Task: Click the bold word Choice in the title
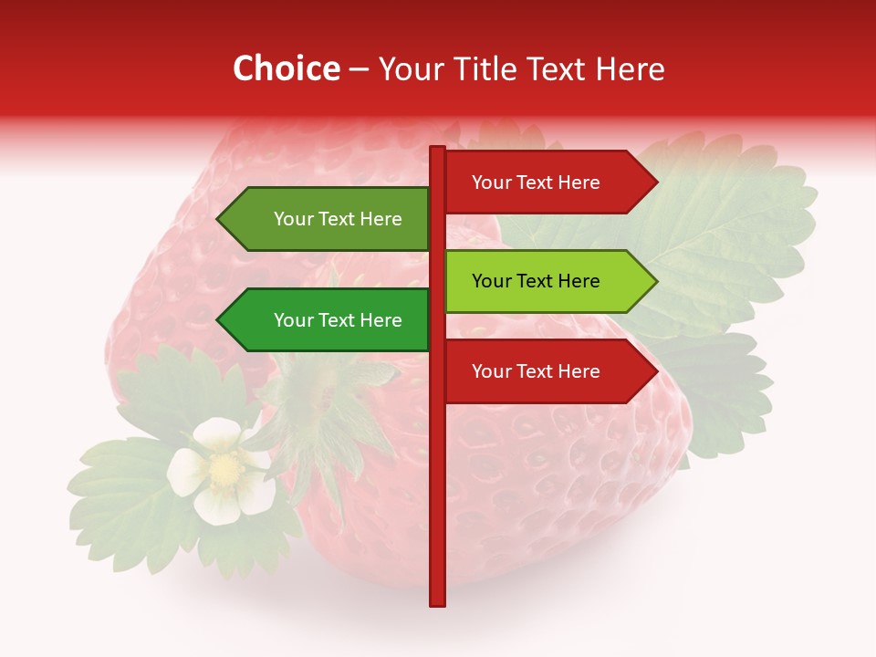[286, 69]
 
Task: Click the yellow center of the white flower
[224, 470]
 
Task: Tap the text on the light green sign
[536, 281]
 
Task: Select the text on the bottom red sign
[536, 371]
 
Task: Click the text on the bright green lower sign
[338, 320]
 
